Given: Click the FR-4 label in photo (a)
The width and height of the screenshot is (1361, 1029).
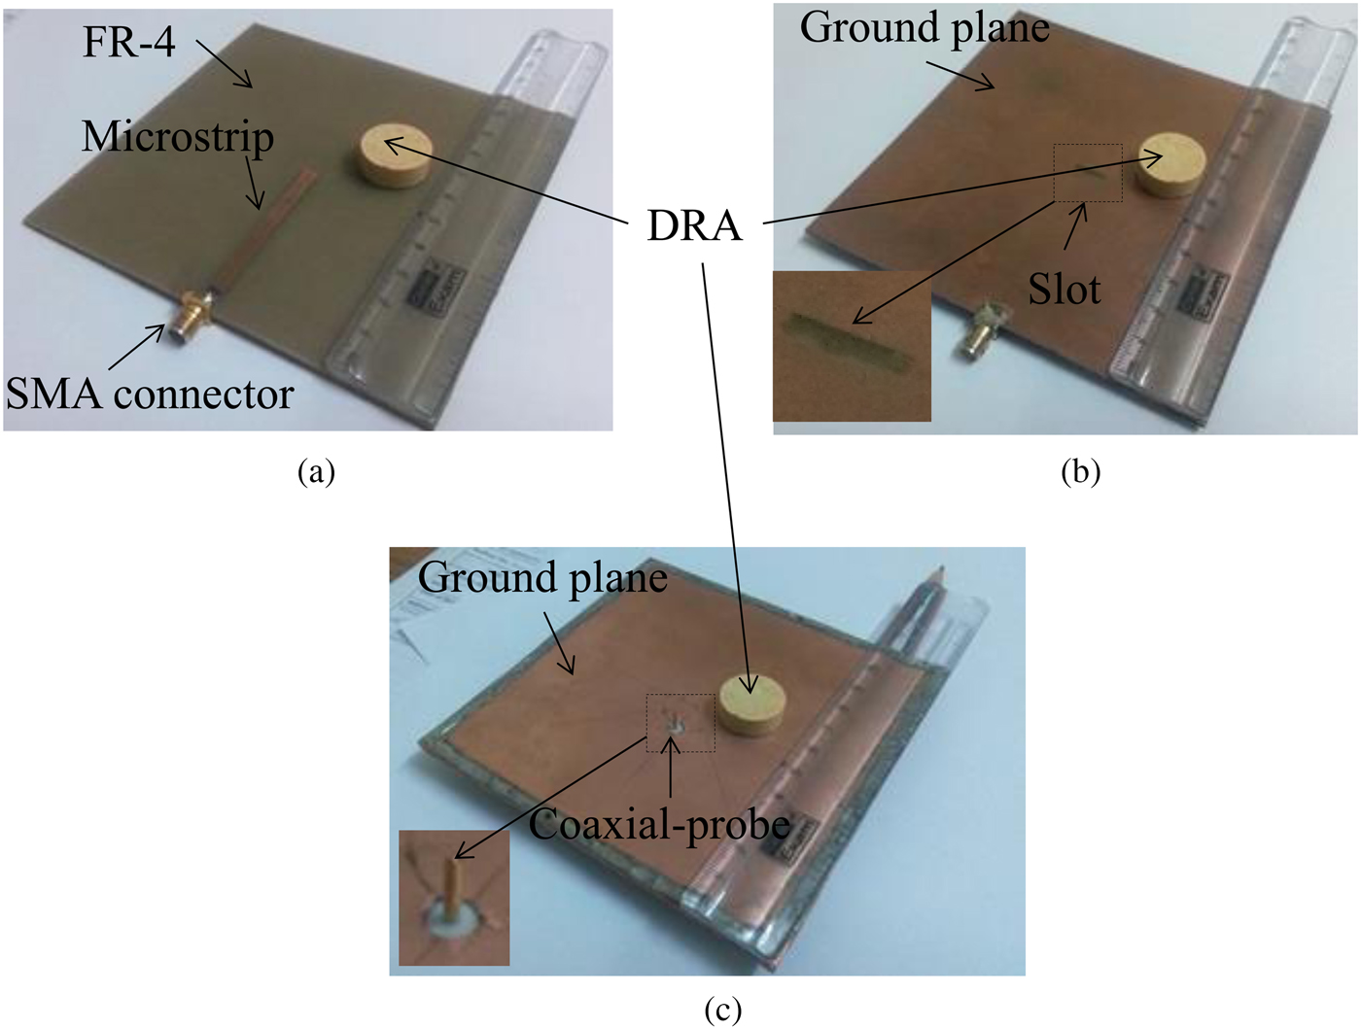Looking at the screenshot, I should coord(128,43).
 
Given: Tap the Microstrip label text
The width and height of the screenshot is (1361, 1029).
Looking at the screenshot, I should coord(177,137).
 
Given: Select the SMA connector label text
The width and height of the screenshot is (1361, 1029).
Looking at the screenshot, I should coord(149,394).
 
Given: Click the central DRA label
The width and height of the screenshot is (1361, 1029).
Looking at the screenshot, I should coord(694,225).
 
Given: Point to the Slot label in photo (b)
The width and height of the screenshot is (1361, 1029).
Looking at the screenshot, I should coord(1064,290).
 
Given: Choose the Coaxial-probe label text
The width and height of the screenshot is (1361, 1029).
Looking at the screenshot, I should coord(659,825).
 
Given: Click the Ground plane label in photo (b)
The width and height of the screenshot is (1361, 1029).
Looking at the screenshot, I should coord(924,28).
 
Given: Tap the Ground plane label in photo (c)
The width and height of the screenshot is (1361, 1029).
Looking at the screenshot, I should coord(541,578).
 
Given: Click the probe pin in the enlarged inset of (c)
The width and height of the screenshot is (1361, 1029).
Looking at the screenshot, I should coord(452,884).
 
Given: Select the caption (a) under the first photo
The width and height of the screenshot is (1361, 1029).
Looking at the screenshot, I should coord(316,471).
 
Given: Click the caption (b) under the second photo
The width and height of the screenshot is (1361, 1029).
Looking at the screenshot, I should coord(1080,471).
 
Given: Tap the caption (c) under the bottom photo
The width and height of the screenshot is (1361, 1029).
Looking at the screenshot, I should coord(721,1010).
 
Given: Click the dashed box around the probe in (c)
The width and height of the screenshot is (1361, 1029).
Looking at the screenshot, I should coord(681,722).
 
